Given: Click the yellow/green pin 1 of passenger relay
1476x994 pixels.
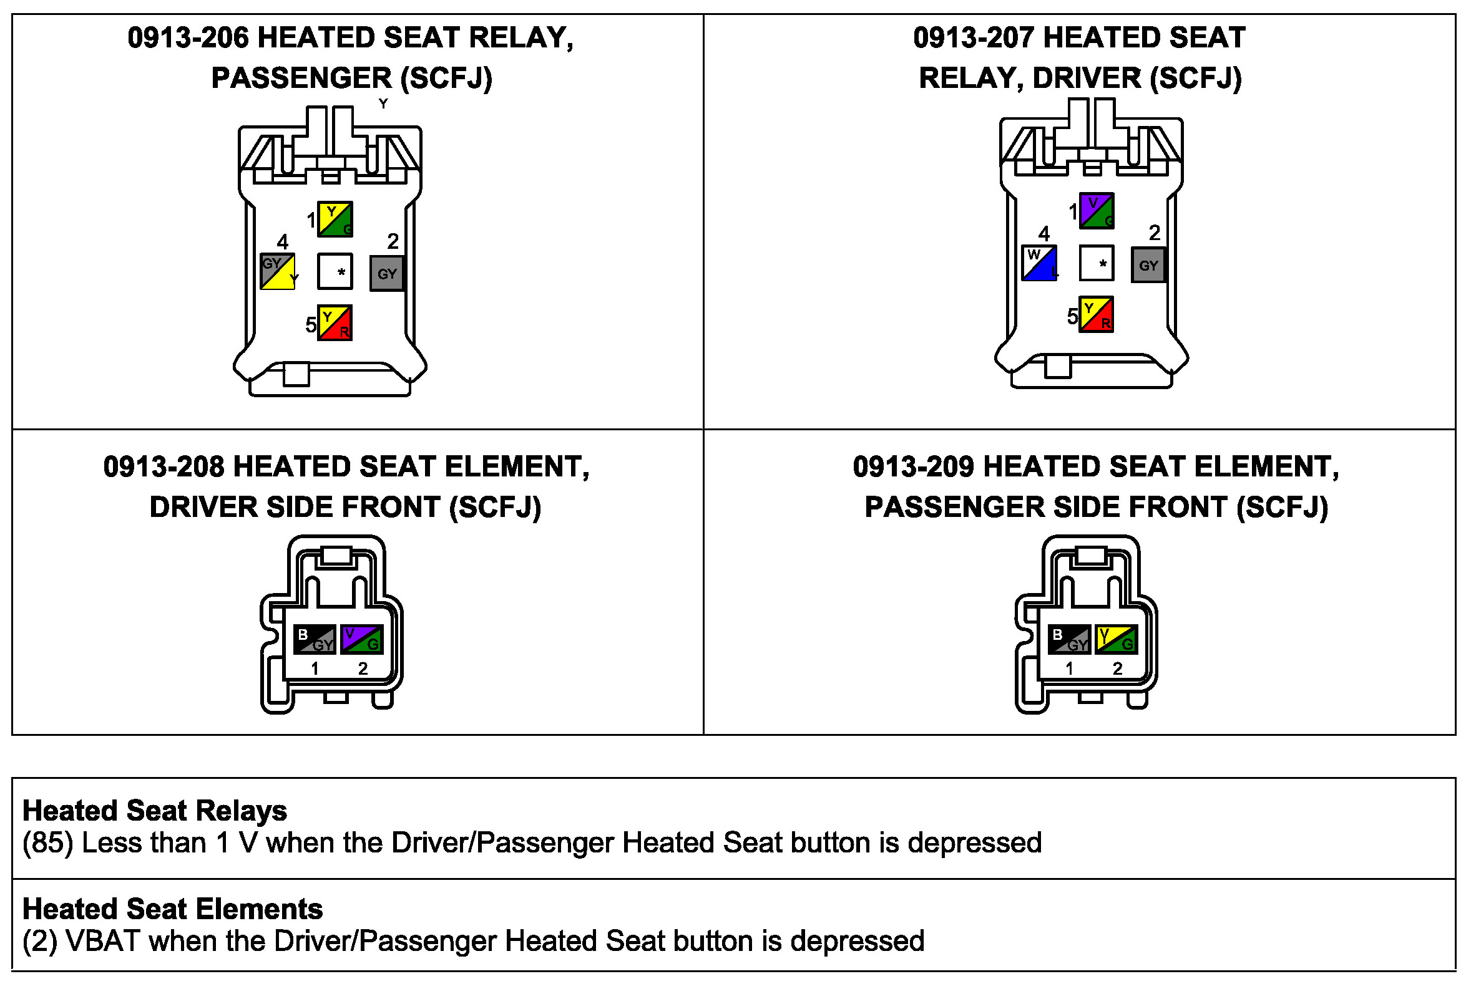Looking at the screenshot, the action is [335, 220].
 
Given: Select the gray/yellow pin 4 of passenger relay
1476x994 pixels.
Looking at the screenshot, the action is [277, 271].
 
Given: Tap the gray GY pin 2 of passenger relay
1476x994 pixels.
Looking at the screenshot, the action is [387, 273].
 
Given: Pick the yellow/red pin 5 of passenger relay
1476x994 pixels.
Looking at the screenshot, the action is [335, 323].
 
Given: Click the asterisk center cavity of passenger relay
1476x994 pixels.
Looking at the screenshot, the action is [335, 271].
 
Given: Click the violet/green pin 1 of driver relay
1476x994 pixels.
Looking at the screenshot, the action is [1096, 211].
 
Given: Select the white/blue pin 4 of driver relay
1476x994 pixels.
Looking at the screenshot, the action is [1039, 263].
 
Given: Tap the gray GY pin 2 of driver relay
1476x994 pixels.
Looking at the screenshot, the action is [1148, 265].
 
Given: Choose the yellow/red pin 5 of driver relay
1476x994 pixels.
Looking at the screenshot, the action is [1096, 314].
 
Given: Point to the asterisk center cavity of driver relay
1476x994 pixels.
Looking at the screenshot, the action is [1097, 263].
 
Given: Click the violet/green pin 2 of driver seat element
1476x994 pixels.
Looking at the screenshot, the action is [361, 640].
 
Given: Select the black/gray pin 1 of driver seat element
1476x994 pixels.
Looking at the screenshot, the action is [315, 640].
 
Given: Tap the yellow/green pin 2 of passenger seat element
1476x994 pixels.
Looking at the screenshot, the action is [1117, 640].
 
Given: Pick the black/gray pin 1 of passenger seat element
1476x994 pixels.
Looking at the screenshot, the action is [1070, 640].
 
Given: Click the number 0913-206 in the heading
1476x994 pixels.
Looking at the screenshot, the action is [188, 38].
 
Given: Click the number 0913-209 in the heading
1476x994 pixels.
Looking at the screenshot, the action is [914, 467].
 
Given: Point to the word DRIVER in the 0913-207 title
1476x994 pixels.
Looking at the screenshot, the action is [1087, 79].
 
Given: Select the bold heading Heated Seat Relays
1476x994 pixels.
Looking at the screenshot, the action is [155, 811].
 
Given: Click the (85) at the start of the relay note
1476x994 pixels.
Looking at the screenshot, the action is [47, 843].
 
